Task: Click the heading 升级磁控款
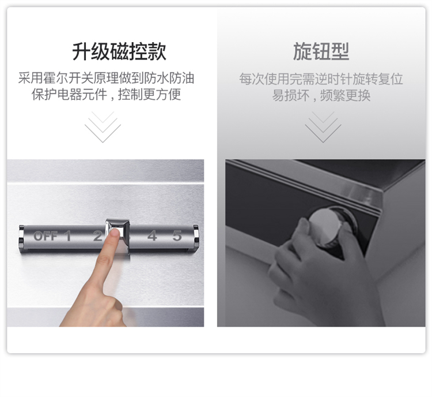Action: tap(119, 51)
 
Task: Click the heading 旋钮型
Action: tap(321, 51)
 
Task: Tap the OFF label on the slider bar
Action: tap(46, 236)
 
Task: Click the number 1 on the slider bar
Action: tap(67, 236)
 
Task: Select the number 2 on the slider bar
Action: tap(97, 236)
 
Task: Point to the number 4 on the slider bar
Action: tap(152, 236)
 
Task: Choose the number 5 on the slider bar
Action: tap(177, 236)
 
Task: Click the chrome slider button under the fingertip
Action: tap(118, 233)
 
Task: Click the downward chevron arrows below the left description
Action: tap(103, 127)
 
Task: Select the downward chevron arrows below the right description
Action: tap(323, 127)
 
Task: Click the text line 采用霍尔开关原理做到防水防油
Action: tap(107, 78)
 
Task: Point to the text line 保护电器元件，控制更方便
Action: tap(107, 95)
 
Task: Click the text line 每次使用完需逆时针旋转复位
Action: tap(321, 79)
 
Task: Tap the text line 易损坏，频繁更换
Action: tap(321, 95)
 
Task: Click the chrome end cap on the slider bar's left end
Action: tap(21, 235)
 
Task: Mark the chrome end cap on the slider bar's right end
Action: tap(196, 235)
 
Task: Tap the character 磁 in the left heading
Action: tap(119, 51)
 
